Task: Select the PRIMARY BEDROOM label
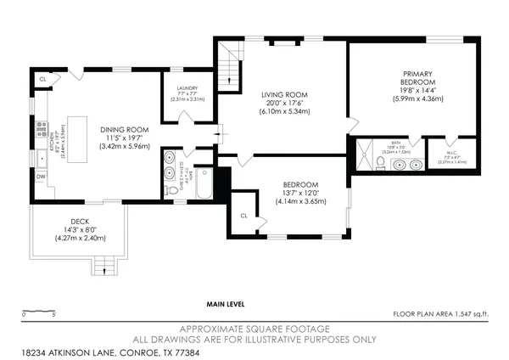[x=417, y=79]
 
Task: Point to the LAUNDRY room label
[x=187, y=88]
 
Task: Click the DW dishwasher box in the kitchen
[x=41, y=177]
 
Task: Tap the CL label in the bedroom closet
[x=244, y=215]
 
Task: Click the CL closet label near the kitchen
[x=42, y=79]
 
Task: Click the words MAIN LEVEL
[x=226, y=303]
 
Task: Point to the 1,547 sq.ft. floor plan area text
[x=440, y=314]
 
